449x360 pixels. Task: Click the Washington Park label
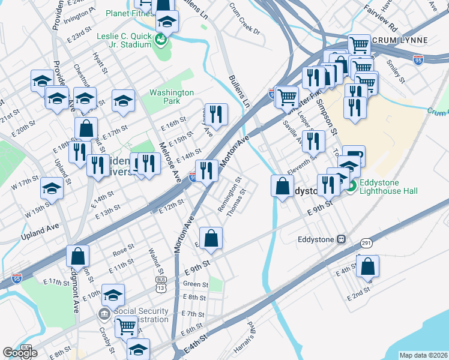click(x=172, y=97)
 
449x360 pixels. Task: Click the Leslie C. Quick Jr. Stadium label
click(x=124, y=40)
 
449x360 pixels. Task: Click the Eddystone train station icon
click(x=341, y=239)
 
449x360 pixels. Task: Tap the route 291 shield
click(x=366, y=242)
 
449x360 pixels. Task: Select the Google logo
click(x=20, y=353)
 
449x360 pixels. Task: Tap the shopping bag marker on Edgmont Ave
click(x=78, y=256)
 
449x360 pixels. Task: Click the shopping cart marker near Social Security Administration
click(x=126, y=326)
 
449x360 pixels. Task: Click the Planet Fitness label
click(x=128, y=13)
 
